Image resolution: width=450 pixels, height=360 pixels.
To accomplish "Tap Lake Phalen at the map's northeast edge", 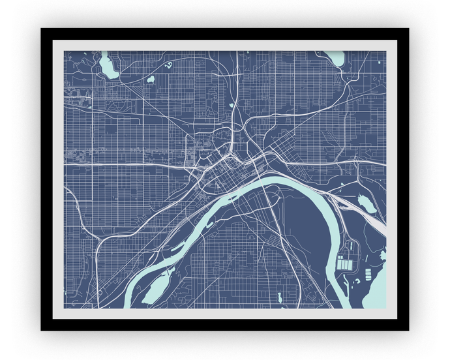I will (x=335, y=58).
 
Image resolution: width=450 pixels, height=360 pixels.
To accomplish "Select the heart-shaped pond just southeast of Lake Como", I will (x=151, y=80).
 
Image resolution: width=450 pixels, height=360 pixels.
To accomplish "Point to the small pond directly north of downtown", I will (x=231, y=104).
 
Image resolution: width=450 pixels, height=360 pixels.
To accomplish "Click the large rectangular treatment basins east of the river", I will (x=345, y=265).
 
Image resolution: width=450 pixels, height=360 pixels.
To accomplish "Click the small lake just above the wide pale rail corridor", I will (x=365, y=204).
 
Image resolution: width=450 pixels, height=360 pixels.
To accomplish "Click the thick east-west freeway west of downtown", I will (x=130, y=164).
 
